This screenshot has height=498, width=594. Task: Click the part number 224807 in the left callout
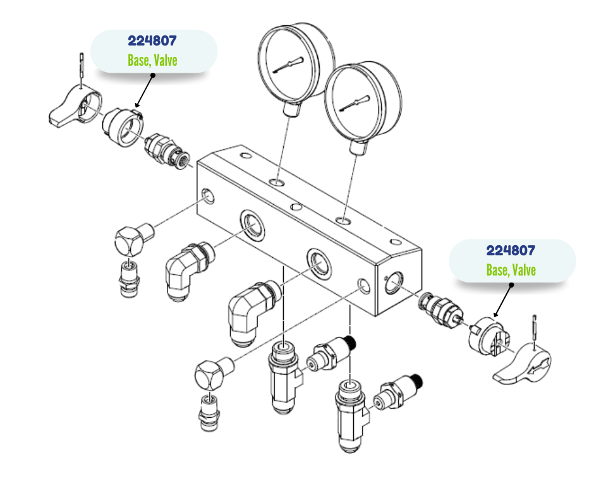click(x=152, y=42)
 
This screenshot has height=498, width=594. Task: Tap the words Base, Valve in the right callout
click(x=511, y=270)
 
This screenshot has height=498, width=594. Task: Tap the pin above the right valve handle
click(x=535, y=326)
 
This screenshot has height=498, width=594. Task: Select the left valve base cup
click(x=123, y=126)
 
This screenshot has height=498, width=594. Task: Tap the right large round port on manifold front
click(x=318, y=263)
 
